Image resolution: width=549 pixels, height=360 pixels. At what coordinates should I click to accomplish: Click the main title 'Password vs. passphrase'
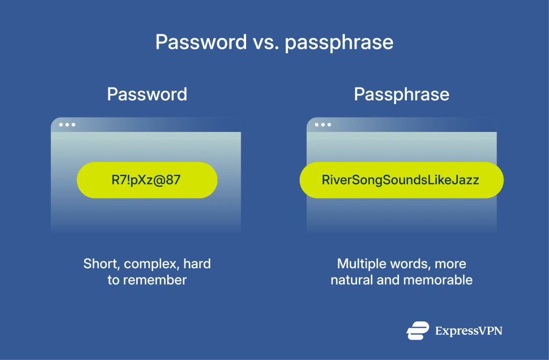tap(274, 42)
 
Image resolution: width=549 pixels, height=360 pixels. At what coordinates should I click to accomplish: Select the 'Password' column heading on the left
tap(147, 94)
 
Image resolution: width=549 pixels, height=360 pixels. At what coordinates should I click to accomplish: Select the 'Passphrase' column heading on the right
tap(402, 94)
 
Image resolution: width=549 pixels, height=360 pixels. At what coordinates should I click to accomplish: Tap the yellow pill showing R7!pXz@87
tap(147, 180)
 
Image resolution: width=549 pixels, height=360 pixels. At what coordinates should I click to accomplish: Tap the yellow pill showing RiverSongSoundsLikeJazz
tap(401, 180)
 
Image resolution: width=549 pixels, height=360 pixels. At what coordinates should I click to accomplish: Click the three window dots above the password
tap(67, 124)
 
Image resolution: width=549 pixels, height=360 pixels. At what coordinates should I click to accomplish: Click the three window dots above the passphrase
tap(323, 124)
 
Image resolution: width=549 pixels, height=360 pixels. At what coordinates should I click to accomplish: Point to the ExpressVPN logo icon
tap(418, 330)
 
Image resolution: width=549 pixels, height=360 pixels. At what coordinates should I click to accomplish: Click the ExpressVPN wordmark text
tap(469, 331)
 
